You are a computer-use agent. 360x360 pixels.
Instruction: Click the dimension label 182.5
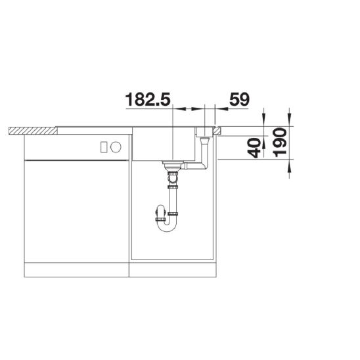(148, 99)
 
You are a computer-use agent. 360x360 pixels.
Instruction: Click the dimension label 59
(239, 99)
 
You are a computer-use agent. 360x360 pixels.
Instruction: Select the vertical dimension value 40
(255, 148)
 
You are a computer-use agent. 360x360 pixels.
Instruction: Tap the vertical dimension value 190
(281, 143)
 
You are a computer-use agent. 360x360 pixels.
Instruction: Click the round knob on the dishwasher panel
(116, 147)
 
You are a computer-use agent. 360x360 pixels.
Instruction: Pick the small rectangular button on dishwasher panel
(104, 147)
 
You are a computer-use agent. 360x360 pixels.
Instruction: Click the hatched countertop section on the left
(33, 131)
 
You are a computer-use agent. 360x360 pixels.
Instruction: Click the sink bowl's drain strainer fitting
(173, 165)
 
